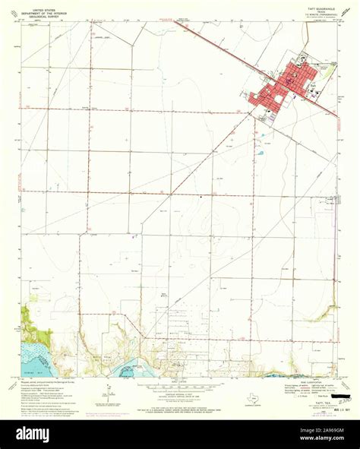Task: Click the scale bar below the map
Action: [x=180, y=384]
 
